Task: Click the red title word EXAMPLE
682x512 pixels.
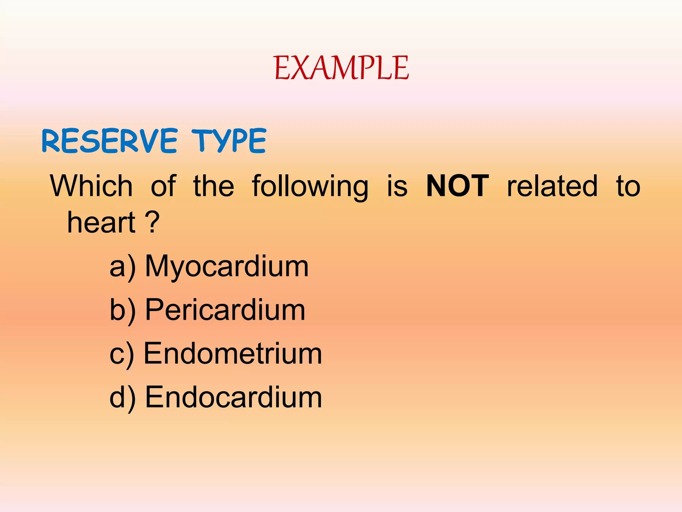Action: click(x=341, y=68)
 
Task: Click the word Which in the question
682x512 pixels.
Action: click(x=92, y=186)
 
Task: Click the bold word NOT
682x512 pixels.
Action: click(x=458, y=186)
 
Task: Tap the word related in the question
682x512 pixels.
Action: click(x=552, y=186)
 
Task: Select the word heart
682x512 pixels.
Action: click(x=101, y=223)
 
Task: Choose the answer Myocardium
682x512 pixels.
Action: click(x=227, y=267)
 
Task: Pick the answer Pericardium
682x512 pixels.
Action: click(x=225, y=310)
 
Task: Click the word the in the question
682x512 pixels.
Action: click(x=214, y=186)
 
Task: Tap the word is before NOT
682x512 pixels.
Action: click(x=397, y=186)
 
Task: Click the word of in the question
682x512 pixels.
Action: click(x=163, y=186)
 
